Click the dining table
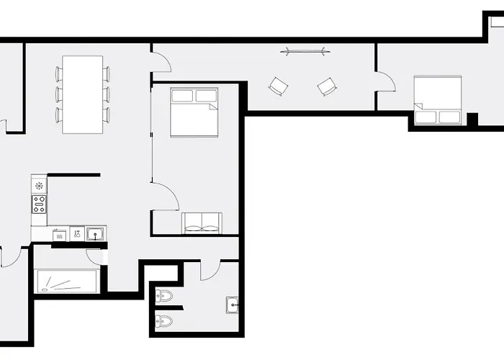point(83,94)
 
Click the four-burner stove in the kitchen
point(39,204)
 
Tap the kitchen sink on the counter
point(96,233)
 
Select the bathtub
point(67,280)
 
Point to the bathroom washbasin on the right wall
point(232,305)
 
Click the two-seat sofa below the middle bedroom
point(202,223)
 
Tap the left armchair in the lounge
point(279,87)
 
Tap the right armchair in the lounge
point(327,87)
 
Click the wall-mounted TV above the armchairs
point(303,51)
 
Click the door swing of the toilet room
point(210,270)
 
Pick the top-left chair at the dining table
point(58,73)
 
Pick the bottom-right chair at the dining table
point(107,115)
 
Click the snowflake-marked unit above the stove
point(39,186)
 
